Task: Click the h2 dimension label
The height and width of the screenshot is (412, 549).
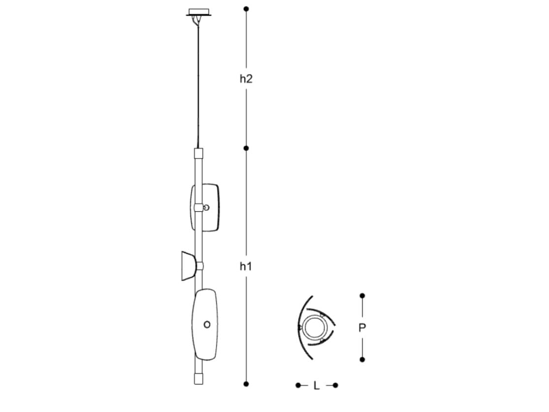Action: coord(246,79)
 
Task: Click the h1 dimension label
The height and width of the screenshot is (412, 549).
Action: coord(246,266)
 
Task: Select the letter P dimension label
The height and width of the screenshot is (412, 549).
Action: coord(362,328)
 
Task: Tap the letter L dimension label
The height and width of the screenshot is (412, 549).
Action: coord(317,385)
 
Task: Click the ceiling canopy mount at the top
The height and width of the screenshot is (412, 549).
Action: coord(199,12)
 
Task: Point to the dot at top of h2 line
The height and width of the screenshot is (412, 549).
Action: coord(246,9)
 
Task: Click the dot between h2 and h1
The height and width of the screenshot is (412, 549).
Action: coord(246,148)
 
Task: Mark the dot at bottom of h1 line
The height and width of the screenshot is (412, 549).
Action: coord(246,383)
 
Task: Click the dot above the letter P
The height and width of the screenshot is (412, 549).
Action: coord(362,295)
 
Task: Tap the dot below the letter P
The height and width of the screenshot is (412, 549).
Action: coord(362,360)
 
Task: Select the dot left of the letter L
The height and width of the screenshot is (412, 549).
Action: coord(298,385)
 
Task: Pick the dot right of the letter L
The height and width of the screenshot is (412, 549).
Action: coord(335,385)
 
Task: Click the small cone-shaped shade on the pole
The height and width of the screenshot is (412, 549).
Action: coord(188,266)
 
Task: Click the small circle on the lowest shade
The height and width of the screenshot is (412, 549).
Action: coord(207,324)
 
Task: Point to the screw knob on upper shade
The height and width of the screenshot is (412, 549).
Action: coord(206,207)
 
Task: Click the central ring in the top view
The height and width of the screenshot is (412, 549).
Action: coord(313,327)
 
